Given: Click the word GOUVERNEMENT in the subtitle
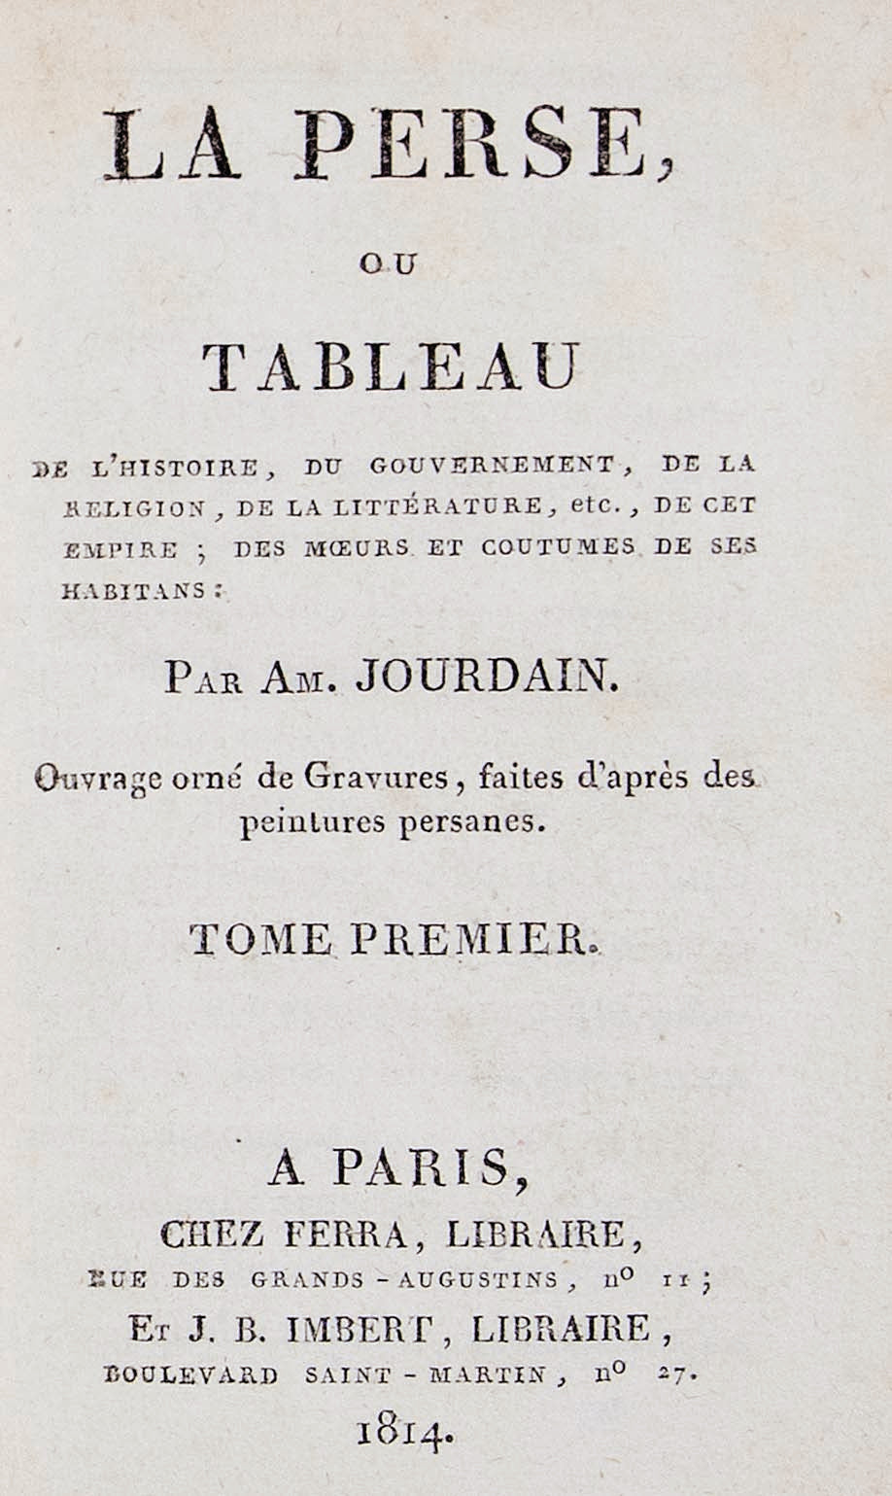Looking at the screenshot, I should tap(493, 465).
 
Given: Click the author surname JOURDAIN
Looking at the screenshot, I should tap(486, 678).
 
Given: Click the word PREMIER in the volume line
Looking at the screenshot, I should tap(471, 939).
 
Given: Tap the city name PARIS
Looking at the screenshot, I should tap(420, 1168).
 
